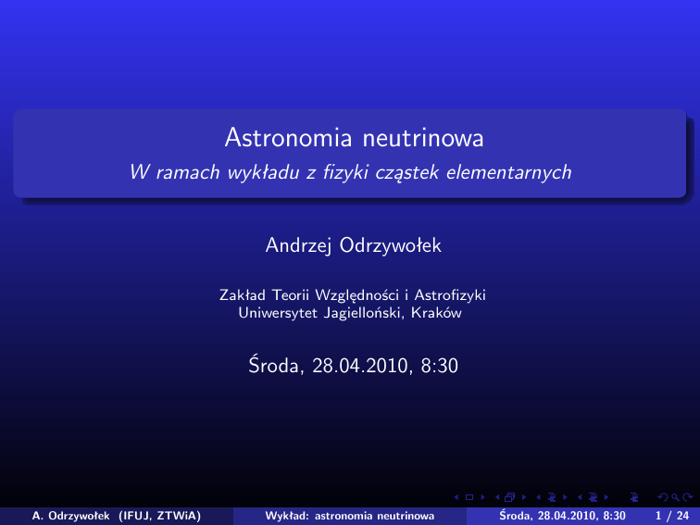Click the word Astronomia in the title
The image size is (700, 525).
[288, 137]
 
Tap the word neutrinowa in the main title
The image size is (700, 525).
[423, 137]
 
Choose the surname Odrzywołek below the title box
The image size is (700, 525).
[391, 245]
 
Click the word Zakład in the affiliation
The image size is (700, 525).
[243, 295]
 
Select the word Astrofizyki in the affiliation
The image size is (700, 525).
[450, 295]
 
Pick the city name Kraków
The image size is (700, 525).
[436, 313]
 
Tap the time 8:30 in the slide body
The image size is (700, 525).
[439, 366]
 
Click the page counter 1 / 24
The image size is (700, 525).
[672, 516]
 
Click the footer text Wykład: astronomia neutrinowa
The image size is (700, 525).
[350, 516]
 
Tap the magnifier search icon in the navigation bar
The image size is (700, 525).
[675, 497]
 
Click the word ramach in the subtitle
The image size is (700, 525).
[188, 173]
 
